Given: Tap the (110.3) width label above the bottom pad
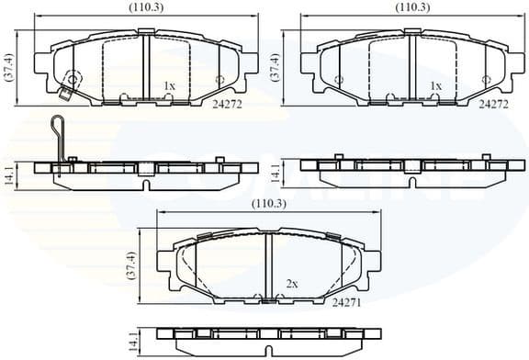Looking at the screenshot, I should tap(268, 203).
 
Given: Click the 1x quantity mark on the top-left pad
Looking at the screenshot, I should tap(169, 86).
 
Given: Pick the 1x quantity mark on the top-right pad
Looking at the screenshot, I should tap(436, 86).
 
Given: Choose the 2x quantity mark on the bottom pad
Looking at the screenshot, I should tap(293, 284).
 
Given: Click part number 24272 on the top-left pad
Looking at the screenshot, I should tap(226, 106).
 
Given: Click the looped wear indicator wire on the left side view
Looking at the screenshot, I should tap(57, 142).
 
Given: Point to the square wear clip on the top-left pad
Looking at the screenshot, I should tap(65, 95).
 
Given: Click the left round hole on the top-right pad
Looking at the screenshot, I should tap(339, 80).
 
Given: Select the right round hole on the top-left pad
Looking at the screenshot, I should tap(219, 79).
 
